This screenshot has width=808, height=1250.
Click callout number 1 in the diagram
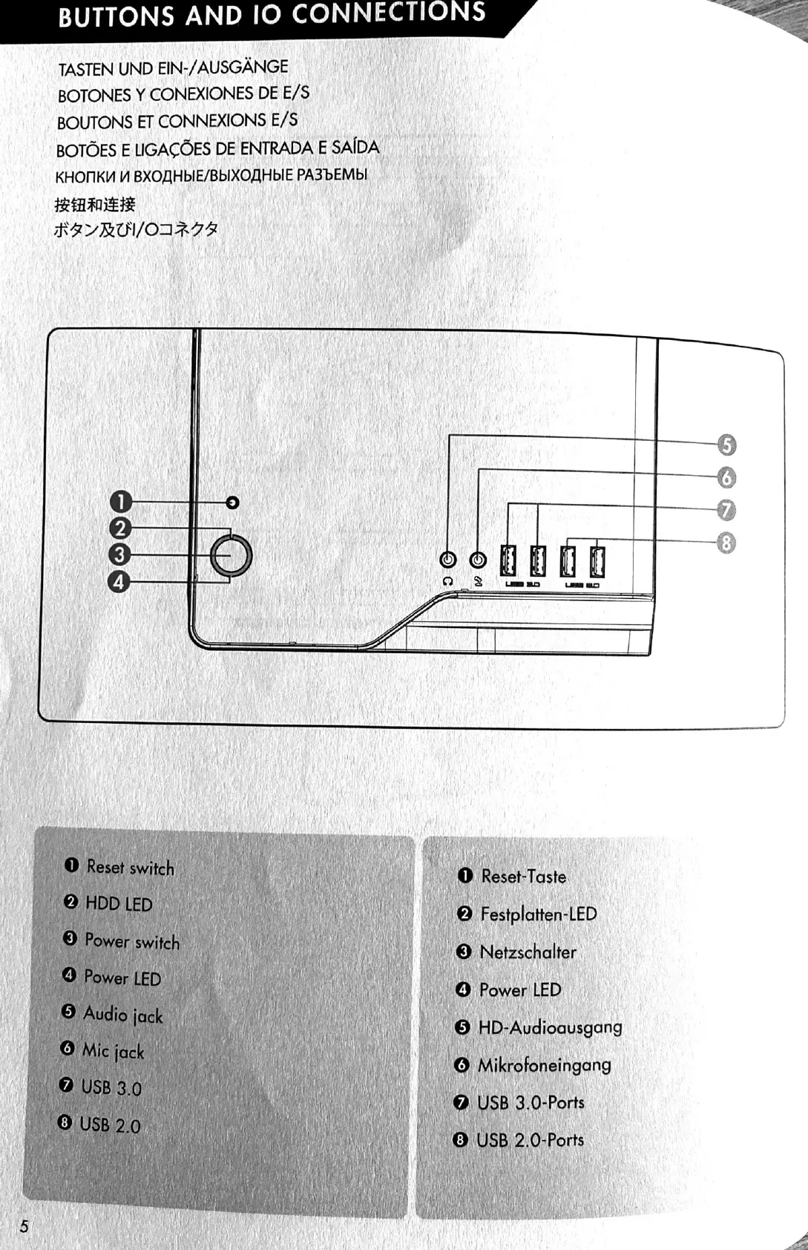pos(120,503)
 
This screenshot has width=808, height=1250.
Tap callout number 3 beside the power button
pos(119,554)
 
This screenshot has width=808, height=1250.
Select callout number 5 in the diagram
pos(726,445)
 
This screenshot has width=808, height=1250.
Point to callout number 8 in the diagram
pos(726,543)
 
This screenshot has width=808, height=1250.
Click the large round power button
pos(231,556)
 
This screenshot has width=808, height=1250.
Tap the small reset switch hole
pos(232,503)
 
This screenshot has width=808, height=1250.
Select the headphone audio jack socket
pos(448,560)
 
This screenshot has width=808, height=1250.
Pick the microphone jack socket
pos(479,560)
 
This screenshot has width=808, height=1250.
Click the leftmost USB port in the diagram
pos(508,560)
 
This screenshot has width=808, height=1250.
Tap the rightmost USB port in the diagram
pos(597,561)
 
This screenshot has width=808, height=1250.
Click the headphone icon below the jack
pos(447,581)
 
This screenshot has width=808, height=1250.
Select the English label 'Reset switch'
pos(130,867)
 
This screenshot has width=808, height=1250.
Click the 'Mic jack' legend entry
pos(113,1051)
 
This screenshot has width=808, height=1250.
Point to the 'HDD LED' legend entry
pos(118,903)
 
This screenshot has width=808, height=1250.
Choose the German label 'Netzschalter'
pos(528,952)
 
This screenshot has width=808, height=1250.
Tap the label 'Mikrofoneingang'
pos(544,1065)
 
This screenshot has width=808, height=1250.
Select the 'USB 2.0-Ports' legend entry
pos(530,1140)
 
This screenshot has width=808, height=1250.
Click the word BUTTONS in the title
pos(116,17)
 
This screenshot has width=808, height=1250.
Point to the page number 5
pos(24,1226)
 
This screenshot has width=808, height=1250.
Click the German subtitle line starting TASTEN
pos(173,68)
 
